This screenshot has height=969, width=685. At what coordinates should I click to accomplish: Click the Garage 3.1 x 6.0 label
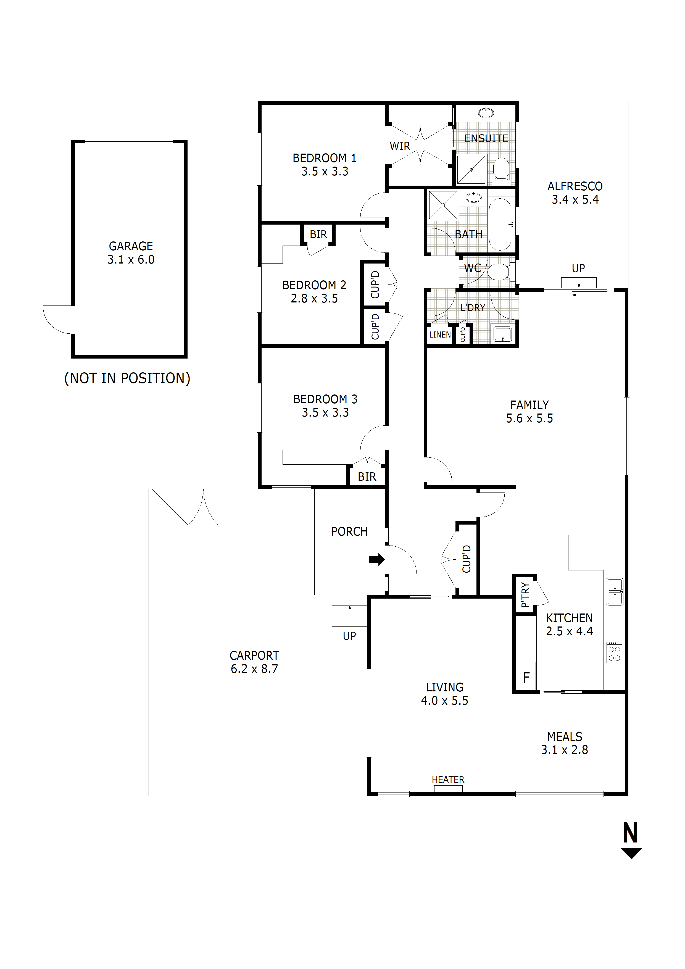(131, 252)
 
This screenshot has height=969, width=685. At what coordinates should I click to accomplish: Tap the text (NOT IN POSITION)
(127, 378)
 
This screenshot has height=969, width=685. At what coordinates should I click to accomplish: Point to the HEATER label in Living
(448, 780)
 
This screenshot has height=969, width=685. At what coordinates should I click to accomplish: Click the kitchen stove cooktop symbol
(614, 652)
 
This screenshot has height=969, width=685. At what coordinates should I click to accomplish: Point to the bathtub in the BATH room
(500, 225)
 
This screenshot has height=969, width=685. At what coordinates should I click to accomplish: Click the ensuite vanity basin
(486, 113)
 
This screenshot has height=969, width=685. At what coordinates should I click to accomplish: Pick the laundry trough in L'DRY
(502, 334)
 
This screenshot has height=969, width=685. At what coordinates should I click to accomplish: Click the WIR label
(400, 146)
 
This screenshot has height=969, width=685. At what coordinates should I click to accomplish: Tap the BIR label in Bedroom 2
(318, 234)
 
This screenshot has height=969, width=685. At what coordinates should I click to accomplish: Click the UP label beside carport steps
(349, 636)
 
